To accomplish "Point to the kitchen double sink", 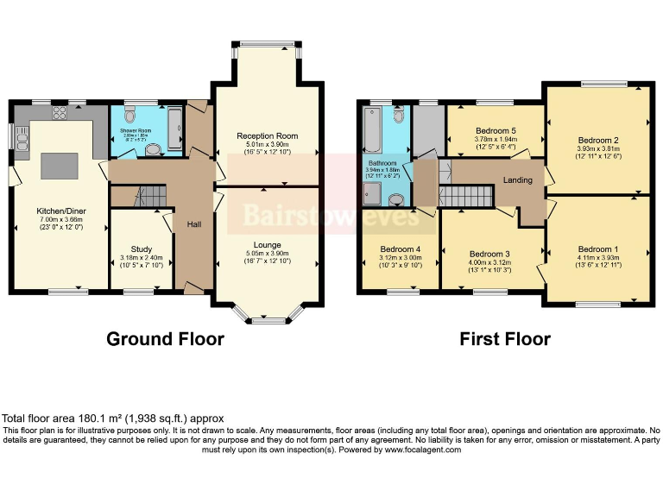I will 20,135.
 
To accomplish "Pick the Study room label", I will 141,249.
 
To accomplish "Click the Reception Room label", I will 268,136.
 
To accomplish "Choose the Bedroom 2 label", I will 598,140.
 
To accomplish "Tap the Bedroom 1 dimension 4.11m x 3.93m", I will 598,257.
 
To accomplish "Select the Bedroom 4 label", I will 400,249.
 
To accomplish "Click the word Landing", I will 518,180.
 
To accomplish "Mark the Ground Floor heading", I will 165,338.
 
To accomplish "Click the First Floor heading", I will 504,338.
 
